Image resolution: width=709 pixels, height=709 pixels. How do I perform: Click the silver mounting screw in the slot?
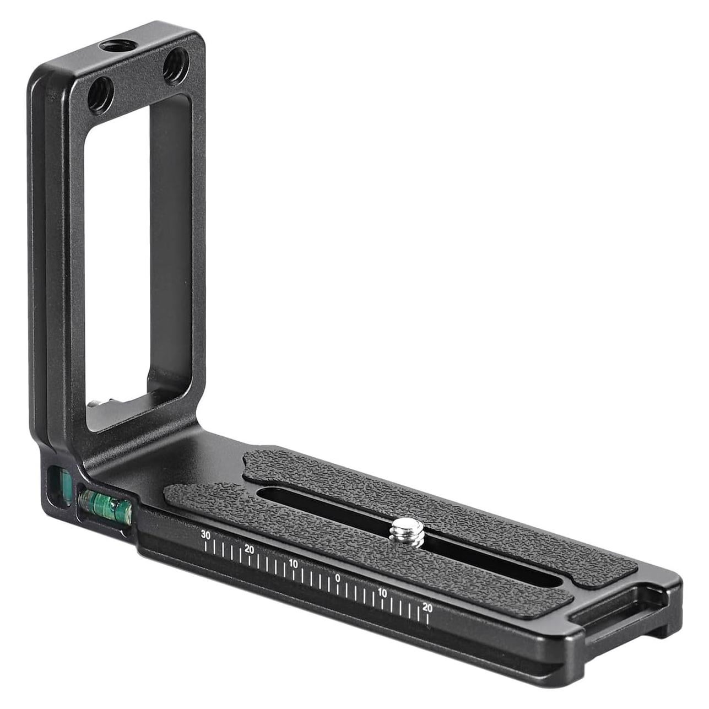(407, 533)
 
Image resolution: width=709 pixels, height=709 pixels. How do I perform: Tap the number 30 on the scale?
(205, 534)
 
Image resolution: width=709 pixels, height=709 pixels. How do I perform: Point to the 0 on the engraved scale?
(338, 577)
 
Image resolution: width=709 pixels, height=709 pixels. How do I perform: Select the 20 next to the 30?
(249, 549)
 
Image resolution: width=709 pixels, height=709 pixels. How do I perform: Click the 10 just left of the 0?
(293, 564)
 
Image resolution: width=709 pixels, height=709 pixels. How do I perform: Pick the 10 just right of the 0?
(382, 593)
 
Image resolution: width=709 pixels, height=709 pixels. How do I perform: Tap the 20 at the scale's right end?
(427, 607)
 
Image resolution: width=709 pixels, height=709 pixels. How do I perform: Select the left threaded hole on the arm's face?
(101, 94)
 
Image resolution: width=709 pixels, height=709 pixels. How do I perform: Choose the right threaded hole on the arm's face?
(176, 66)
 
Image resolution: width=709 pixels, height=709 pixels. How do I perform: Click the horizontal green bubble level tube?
(105, 505)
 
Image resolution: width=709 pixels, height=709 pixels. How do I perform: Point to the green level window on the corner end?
(58, 484)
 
